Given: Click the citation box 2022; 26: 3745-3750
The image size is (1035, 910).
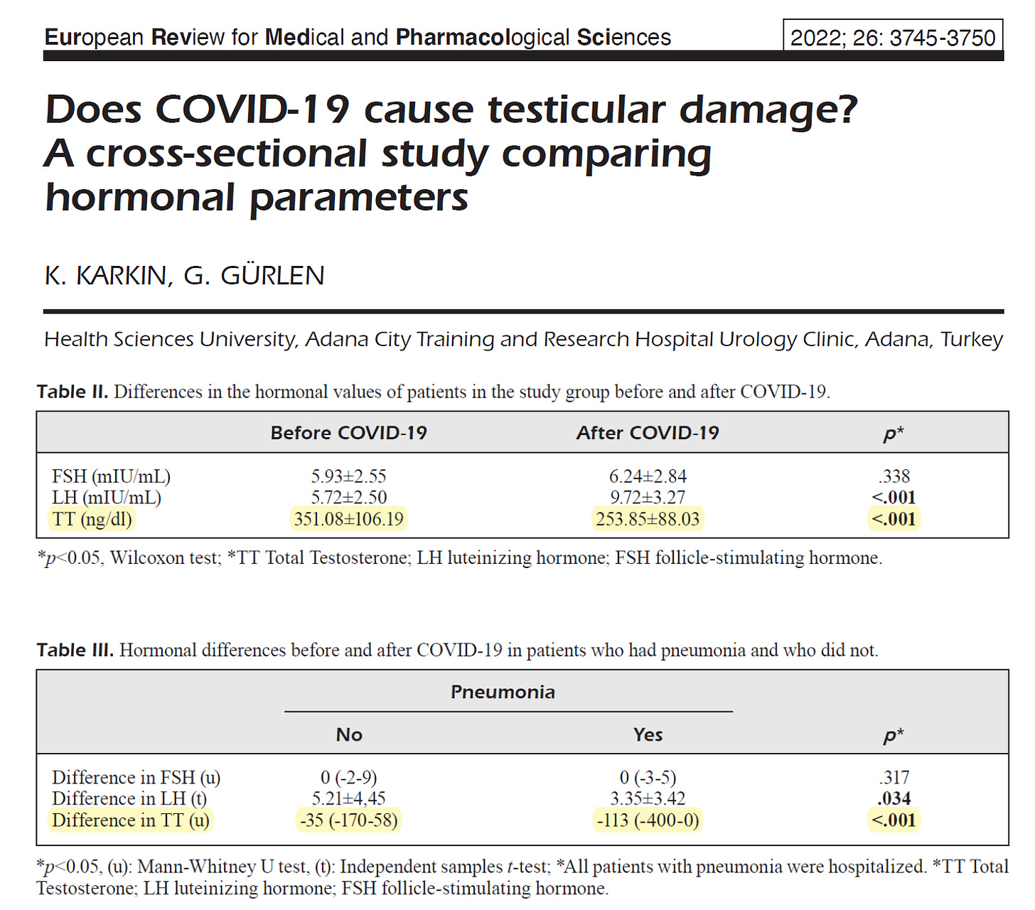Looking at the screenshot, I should click(893, 37).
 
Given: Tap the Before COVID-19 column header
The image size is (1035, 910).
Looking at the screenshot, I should click(348, 433).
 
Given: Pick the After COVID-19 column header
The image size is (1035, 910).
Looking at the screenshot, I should click(648, 433).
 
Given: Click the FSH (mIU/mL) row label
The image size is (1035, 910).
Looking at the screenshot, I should click(111, 476).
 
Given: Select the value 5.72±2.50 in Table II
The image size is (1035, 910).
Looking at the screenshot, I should click(348, 498).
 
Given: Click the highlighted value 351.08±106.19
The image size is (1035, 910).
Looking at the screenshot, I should click(348, 519).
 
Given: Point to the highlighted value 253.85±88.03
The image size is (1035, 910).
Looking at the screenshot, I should click(648, 519).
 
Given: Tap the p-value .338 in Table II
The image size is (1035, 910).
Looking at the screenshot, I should click(894, 476).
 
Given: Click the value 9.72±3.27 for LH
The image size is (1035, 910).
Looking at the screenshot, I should click(648, 498).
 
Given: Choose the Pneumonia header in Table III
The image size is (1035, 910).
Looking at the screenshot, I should click(503, 692).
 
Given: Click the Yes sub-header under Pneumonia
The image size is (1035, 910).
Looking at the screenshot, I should click(648, 734).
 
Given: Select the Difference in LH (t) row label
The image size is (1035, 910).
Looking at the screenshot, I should click(129, 799).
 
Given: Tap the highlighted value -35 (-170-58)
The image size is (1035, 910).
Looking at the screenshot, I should click(348, 820).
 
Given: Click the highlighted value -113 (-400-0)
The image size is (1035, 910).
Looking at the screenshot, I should click(648, 820).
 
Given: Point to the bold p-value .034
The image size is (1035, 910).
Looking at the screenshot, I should click(894, 799).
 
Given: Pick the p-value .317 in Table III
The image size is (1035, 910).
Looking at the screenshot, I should click(894, 778).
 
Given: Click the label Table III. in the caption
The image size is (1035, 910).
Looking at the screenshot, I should click(75, 651).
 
